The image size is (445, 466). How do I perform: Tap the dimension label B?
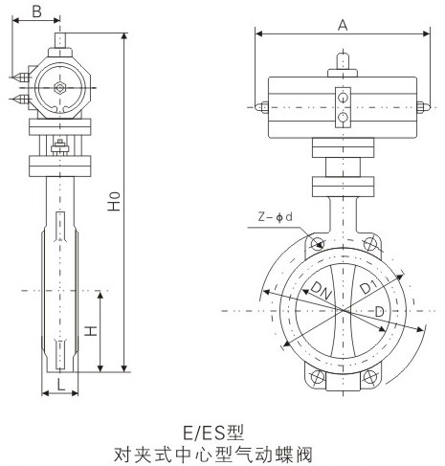coord(35,11)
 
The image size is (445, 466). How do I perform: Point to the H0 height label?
coord(114,204)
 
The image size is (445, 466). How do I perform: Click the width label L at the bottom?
coord(59,383)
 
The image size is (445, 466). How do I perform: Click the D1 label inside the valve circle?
coord(367,288)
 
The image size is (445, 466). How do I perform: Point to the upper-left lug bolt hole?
coord(311,245)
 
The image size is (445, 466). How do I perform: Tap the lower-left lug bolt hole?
coord(311,380)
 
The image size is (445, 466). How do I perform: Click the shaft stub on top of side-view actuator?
coord(60,43)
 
